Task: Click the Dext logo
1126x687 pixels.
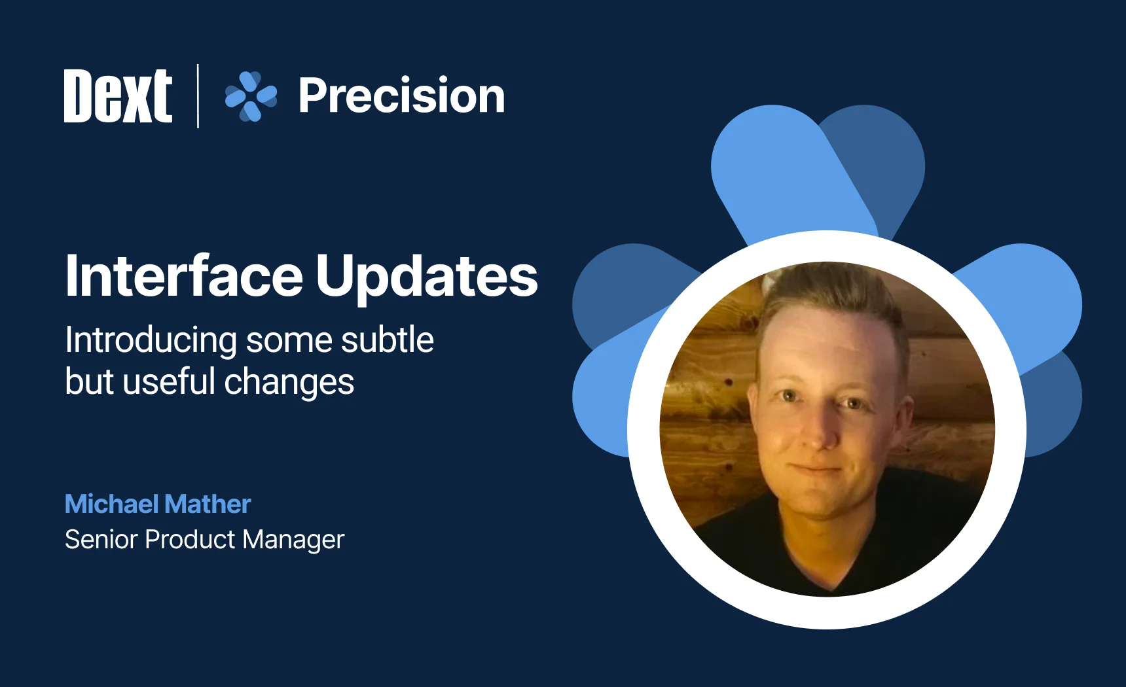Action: [118, 96]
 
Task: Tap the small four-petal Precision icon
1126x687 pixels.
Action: [251, 96]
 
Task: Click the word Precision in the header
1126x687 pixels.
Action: [401, 96]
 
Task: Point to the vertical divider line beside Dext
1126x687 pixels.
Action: [198, 96]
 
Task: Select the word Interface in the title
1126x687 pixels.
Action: [184, 276]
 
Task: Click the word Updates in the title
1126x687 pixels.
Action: [426, 276]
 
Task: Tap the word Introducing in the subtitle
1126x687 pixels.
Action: [151, 341]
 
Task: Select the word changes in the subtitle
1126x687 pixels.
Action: [289, 383]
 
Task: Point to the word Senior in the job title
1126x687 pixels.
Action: [101, 540]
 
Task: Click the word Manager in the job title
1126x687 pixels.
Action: [293, 540]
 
